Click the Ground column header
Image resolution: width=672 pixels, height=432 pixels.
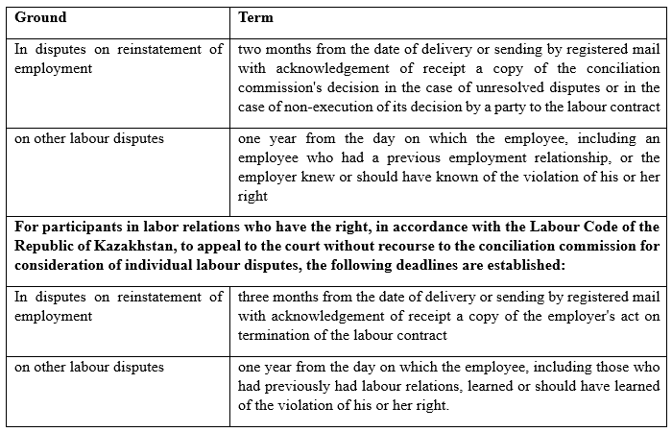40,17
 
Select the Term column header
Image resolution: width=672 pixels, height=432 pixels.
254,17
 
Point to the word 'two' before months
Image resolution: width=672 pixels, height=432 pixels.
248,49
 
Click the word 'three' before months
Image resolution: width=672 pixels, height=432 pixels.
253,297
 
